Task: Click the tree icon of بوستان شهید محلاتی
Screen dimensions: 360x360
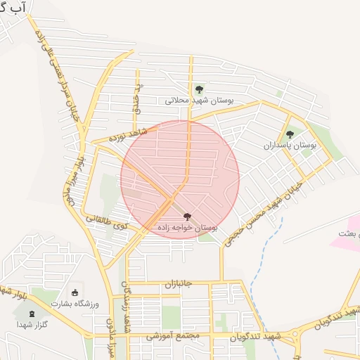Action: tap(200, 89)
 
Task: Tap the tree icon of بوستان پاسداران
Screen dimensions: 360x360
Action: tap(290, 134)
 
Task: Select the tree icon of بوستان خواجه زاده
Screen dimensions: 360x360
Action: tap(186, 217)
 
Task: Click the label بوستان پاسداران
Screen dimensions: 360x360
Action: tap(290, 145)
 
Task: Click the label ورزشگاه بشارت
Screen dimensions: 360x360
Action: tap(75, 303)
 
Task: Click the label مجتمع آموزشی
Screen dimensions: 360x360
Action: tap(173, 337)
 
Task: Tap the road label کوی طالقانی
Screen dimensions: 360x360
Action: tap(107, 223)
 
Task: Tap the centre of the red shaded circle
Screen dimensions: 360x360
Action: tap(180, 179)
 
